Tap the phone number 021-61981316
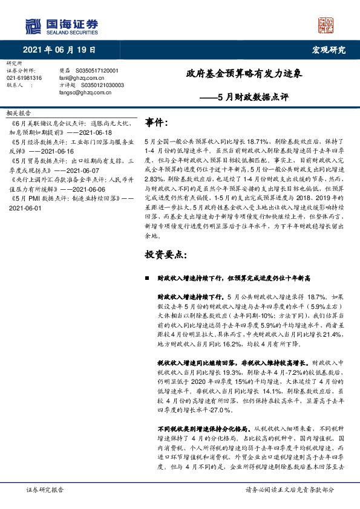[x=24, y=78]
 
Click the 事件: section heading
[x=157, y=123]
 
